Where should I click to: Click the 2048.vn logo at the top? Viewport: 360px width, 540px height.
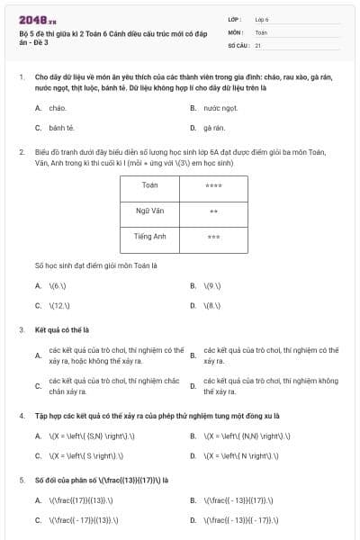[x=39, y=18]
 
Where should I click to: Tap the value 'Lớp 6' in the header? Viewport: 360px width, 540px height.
[x=263, y=18]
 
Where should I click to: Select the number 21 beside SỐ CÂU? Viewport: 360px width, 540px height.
[x=258, y=44]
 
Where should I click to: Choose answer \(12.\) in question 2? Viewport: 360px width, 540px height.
[x=60, y=306]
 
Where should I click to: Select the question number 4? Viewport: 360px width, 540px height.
[x=22, y=416]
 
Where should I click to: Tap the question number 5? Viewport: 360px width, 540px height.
[x=22, y=480]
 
